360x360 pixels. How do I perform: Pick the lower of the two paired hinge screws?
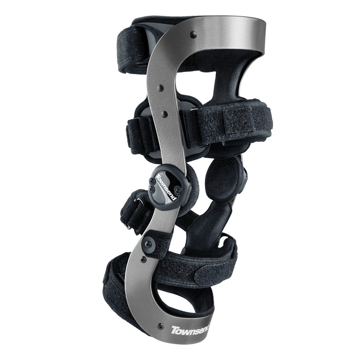(x=152, y=189)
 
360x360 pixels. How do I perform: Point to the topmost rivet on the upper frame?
(x=194, y=35)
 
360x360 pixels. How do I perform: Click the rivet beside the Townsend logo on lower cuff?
(x=161, y=325)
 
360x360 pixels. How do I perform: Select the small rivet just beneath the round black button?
(x=144, y=260)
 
